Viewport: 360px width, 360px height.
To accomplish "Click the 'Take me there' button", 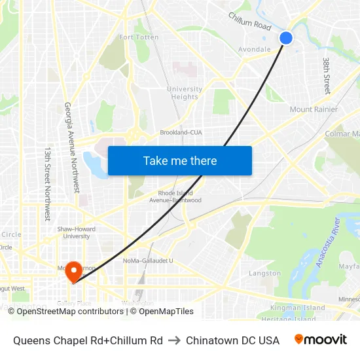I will [x=180, y=161].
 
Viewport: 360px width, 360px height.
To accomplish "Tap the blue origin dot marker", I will [x=286, y=38].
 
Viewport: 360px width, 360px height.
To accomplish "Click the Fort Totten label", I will [x=139, y=37].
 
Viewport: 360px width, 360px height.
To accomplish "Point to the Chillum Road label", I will [x=249, y=21].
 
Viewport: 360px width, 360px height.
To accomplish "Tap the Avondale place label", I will [x=255, y=49].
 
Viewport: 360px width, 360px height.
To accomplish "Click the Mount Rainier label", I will [x=314, y=109].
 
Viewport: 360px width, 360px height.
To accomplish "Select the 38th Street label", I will [x=326, y=75].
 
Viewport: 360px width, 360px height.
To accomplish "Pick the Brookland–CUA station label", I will [x=181, y=132].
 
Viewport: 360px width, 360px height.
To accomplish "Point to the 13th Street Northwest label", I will [x=46, y=183].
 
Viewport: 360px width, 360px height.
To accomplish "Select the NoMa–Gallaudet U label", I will [x=149, y=261].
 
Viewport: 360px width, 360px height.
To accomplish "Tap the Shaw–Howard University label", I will [x=77, y=232].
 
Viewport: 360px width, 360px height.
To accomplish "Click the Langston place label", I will [x=265, y=274].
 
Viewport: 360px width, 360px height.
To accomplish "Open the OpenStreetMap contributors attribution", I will [x=65, y=312].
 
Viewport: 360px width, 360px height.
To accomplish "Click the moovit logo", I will [x=321, y=340].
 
